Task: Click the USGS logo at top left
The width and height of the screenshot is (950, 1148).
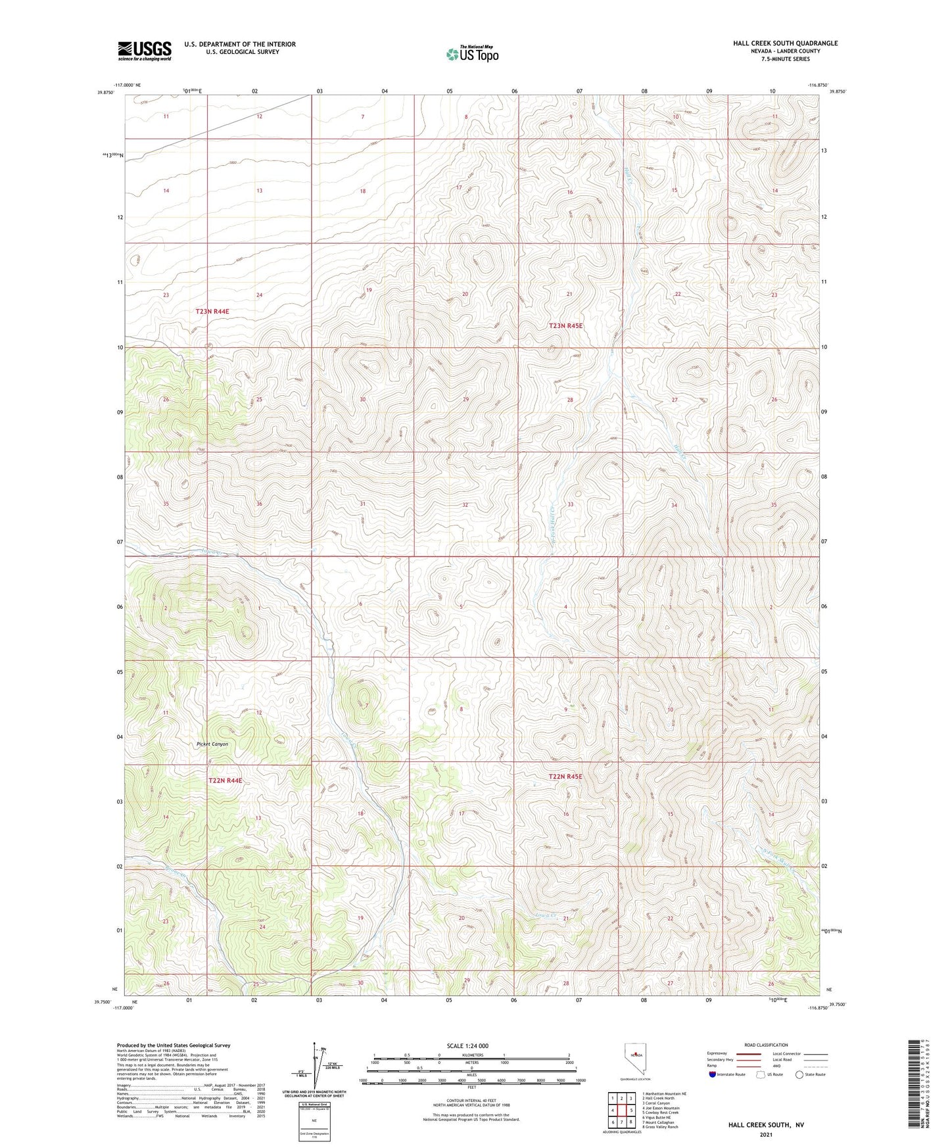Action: (144, 50)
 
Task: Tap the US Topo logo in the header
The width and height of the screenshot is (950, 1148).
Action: (471, 54)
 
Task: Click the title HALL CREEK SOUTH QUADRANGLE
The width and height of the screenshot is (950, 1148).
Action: (785, 43)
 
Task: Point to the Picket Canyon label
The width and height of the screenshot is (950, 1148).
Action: (212, 744)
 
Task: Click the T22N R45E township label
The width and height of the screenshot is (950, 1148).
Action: (565, 777)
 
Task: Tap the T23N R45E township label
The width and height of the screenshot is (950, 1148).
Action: (565, 325)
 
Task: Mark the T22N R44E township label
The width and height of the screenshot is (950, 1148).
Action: (225, 780)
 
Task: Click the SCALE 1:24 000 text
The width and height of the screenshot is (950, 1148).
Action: (467, 1045)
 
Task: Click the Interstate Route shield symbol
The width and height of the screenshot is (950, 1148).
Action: (713, 1074)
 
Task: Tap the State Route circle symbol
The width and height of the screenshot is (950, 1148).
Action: (799, 1074)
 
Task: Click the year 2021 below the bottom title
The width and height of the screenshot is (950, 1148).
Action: (765, 1134)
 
